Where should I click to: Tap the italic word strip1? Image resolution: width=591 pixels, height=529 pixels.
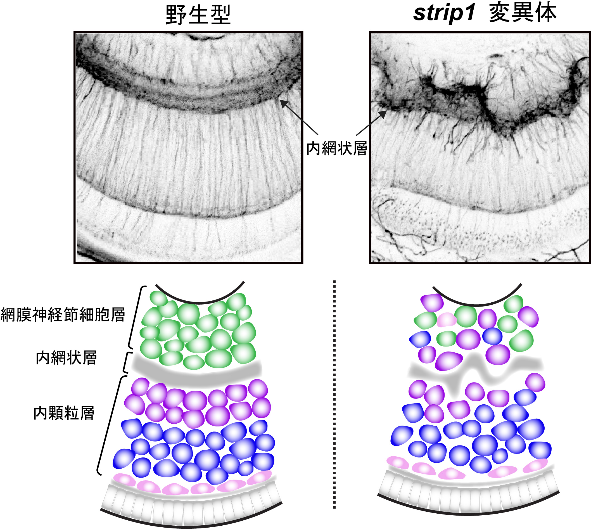click(444, 13)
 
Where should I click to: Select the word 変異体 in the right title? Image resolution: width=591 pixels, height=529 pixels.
click(523, 13)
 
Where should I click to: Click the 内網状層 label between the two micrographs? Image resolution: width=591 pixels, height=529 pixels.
click(337, 148)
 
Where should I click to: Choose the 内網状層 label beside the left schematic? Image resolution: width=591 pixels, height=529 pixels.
click(66, 357)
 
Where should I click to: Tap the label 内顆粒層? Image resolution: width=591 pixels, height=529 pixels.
click(64, 413)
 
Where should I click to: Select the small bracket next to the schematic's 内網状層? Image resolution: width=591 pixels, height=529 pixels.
click(126, 362)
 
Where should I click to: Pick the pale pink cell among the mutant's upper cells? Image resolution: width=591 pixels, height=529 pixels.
click(447, 320)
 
